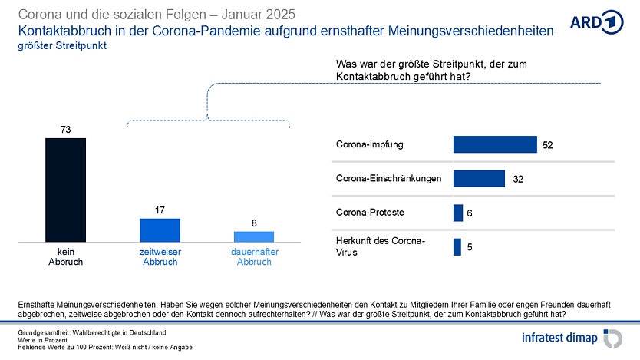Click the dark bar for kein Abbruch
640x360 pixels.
tap(65, 190)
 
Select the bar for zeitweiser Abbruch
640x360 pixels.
tap(160, 230)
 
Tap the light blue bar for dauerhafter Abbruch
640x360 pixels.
tap(253, 236)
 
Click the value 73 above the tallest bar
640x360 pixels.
tap(66, 130)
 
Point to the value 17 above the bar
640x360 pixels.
tap(160, 210)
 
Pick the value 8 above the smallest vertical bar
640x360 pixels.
tap(254, 223)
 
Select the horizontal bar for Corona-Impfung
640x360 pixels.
tap(495, 144)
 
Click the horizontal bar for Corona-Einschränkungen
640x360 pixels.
tap(479, 179)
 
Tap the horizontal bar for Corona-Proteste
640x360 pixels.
tap(458, 213)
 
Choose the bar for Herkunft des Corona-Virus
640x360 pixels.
tap(457, 247)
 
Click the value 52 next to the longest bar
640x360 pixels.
tap(548, 145)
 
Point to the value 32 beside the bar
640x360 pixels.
tap(518, 179)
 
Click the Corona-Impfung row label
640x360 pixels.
tap(370, 144)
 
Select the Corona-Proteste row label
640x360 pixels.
tap(371, 213)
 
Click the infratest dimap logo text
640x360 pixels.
tap(559, 338)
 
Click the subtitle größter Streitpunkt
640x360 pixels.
tap(63, 45)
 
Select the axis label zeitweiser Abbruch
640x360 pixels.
tap(160, 256)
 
